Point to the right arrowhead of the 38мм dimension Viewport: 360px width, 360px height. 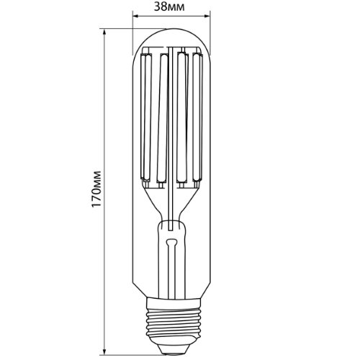click(x=207, y=17)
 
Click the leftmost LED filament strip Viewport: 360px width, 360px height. click(x=146, y=115)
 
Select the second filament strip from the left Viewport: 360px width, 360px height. click(x=161, y=115)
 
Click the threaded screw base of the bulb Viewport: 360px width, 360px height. click(x=171, y=320)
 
